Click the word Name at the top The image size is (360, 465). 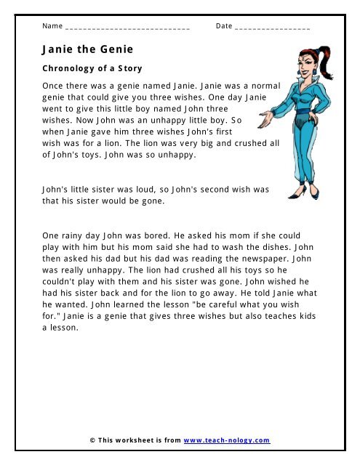(52, 26)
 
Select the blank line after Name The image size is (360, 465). (127, 28)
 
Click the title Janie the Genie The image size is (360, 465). (87, 50)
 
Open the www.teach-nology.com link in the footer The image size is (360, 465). (226, 441)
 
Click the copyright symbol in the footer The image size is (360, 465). (92, 441)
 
